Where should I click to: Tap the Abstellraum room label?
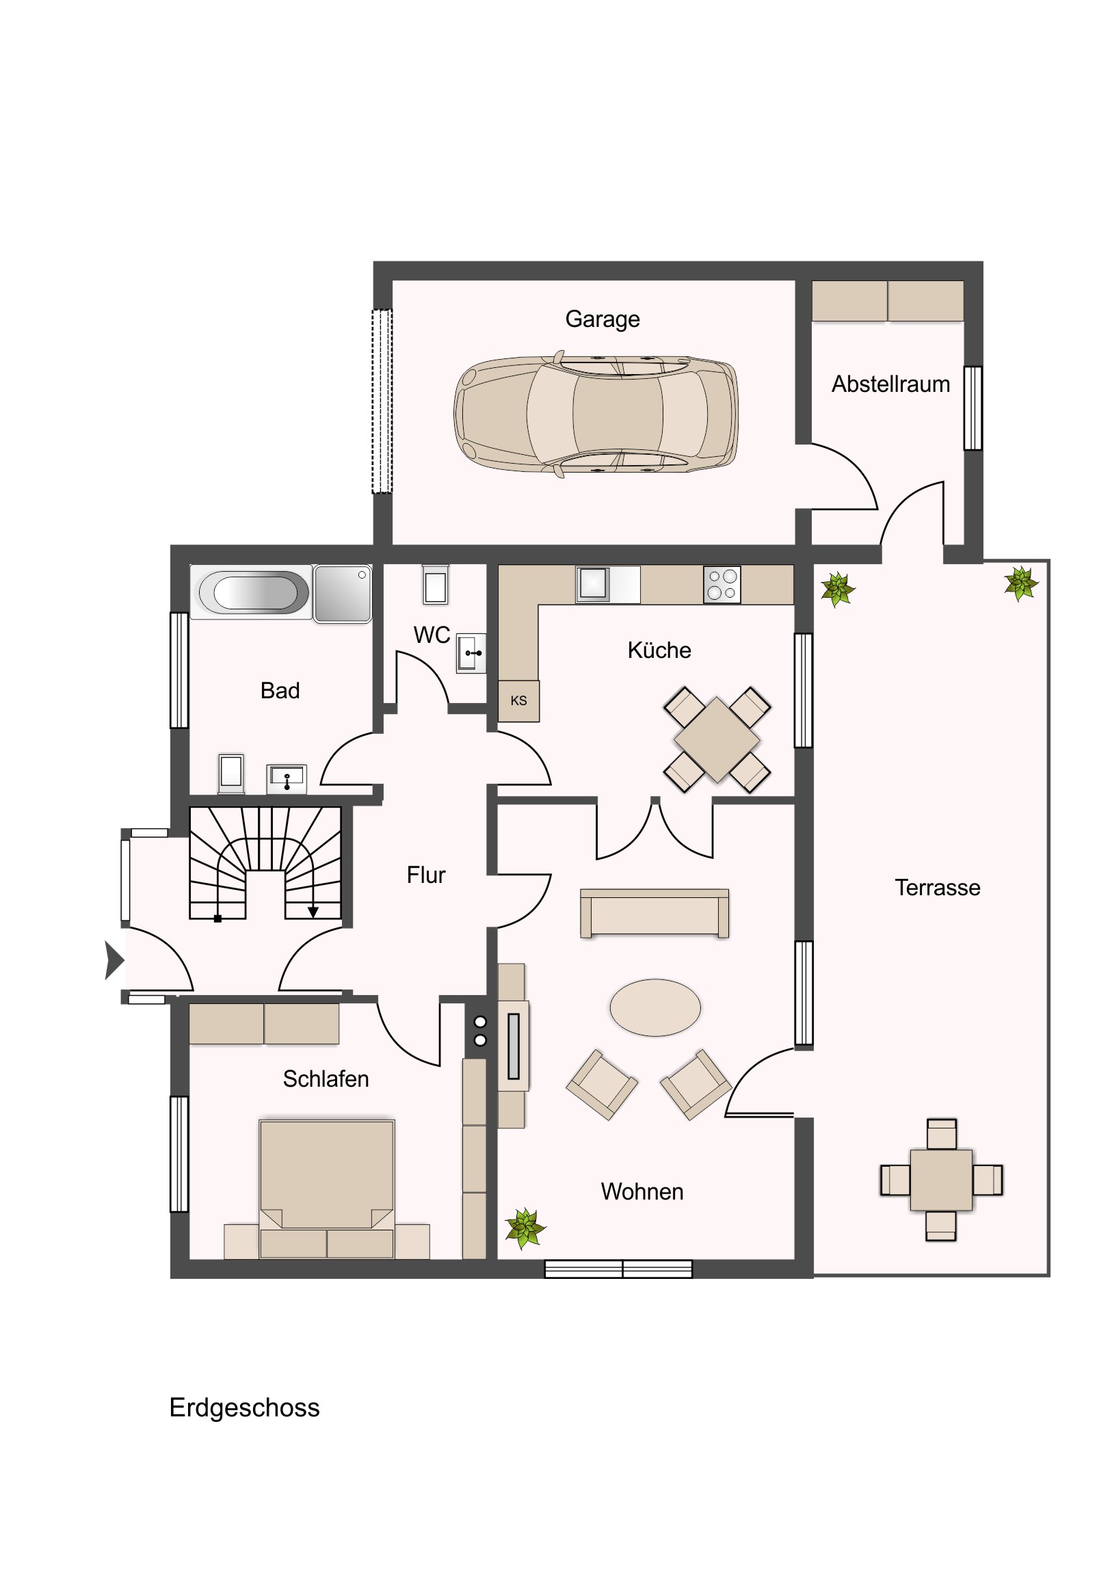pos(890,384)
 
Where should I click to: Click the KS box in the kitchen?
pos(518,701)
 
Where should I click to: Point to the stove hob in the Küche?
pos(722,584)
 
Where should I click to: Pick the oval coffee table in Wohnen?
pos(655,1007)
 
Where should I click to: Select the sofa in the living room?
pos(654,913)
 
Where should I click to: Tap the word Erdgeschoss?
pos(245,1408)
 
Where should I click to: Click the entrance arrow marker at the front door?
pos(114,960)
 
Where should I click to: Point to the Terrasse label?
pos(938,888)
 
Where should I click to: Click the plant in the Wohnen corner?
pos(525,1228)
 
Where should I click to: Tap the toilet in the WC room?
pos(435,584)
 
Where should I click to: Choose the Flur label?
pos(425,875)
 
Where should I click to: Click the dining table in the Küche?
pos(717,740)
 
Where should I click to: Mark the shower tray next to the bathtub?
pos(343,594)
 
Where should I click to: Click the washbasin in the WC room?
pos(471,654)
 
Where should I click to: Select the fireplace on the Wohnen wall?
pos(513,1046)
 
